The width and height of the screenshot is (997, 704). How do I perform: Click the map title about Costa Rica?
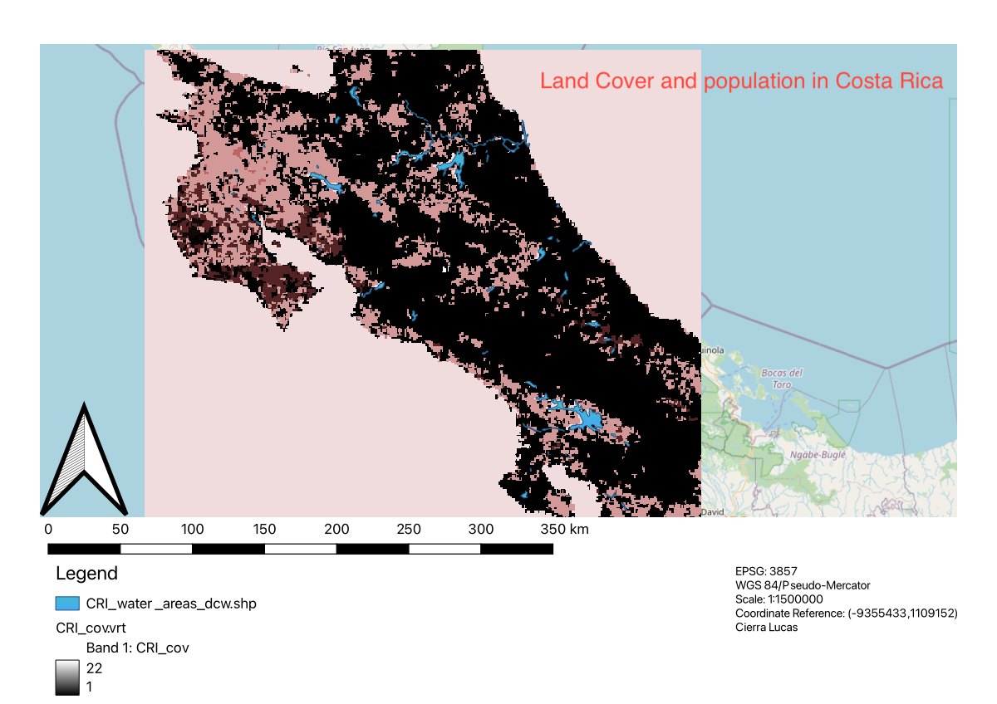pyautogui.click(x=741, y=81)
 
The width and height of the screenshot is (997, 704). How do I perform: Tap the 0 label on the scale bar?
pyautogui.click(x=48, y=530)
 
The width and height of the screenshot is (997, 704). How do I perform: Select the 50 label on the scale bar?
pyautogui.click(x=120, y=530)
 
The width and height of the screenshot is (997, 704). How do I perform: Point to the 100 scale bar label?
pyautogui.click(x=192, y=530)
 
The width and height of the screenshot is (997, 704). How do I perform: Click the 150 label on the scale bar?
pyautogui.click(x=264, y=530)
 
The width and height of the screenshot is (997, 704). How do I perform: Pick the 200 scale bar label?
pyautogui.click(x=336, y=530)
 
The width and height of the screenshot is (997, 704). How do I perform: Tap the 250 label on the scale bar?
pyautogui.click(x=408, y=530)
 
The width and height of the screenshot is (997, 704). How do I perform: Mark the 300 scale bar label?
pyautogui.click(x=480, y=530)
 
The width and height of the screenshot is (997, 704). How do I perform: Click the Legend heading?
pyautogui.click(x=86, y=574)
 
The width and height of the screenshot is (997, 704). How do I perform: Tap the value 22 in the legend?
pyautogui.click(x=95, y=667)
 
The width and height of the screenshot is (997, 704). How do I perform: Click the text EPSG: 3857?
pyautogui.click(x=765, y=571)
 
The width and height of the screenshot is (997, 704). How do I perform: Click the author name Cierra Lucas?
pyautogui.click(x=766, y=627)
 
